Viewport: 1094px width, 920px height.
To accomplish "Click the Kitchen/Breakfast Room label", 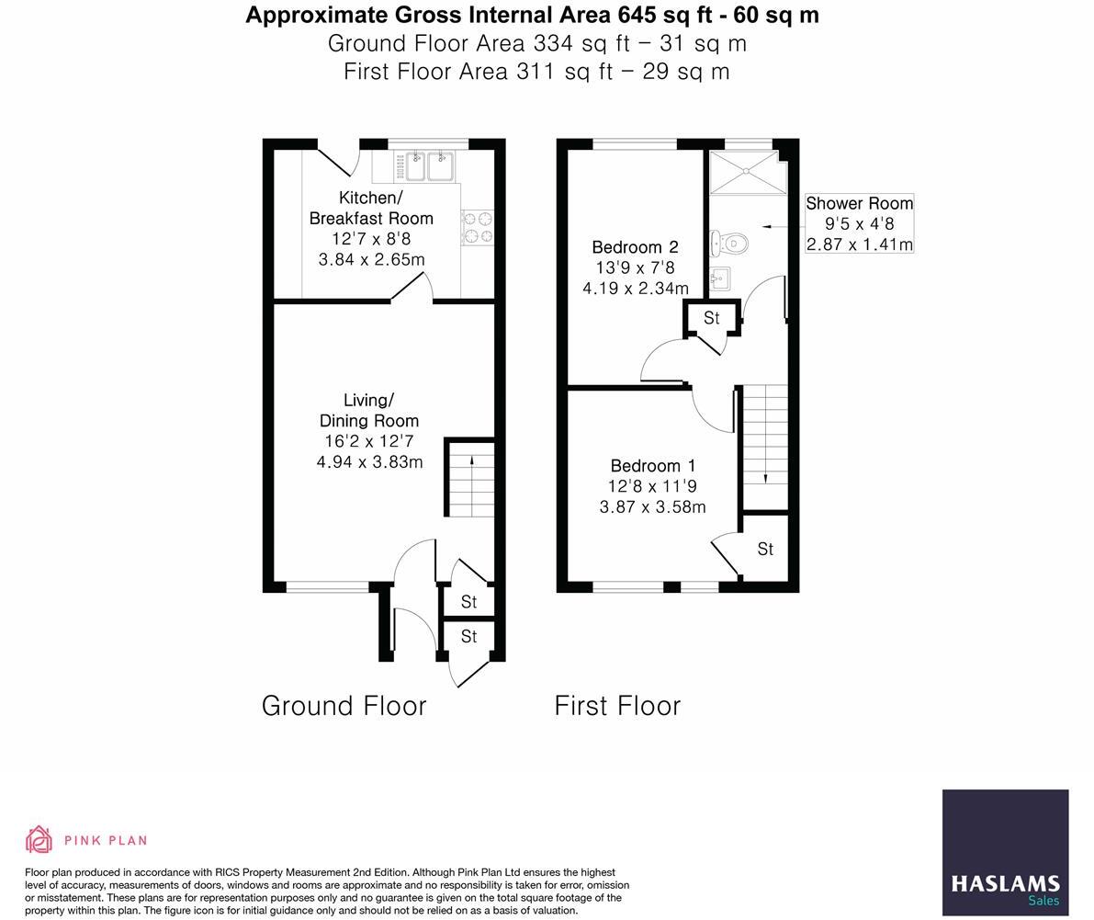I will coord(371,208).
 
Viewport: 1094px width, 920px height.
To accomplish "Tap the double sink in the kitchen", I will coord(427,166).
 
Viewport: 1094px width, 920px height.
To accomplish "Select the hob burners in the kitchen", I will coord(477,228).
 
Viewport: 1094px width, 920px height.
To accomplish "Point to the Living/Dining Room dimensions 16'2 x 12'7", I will coord(368,442).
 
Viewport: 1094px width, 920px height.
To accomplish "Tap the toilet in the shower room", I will coord(730,244).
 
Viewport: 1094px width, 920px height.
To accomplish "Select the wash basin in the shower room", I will coord(719,277).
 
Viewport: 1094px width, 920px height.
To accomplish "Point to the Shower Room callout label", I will coord(859,203).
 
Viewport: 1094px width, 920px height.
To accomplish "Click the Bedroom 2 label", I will coord(635,247).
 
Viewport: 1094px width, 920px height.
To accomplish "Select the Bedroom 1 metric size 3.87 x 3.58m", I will coord(652,506).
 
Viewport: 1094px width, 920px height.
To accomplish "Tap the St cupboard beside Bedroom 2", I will coord(711,318).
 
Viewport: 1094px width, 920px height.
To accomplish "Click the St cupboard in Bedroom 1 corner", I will coord(765,549).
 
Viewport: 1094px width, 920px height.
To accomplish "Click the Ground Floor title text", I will coord(344,706).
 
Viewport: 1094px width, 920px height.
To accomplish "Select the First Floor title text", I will coord(617,706).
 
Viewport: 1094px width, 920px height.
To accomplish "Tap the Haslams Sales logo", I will coord(1005,852).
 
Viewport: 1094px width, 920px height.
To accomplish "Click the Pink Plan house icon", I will coord(39,839).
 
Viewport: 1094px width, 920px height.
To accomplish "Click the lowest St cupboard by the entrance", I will coord(468,636).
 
